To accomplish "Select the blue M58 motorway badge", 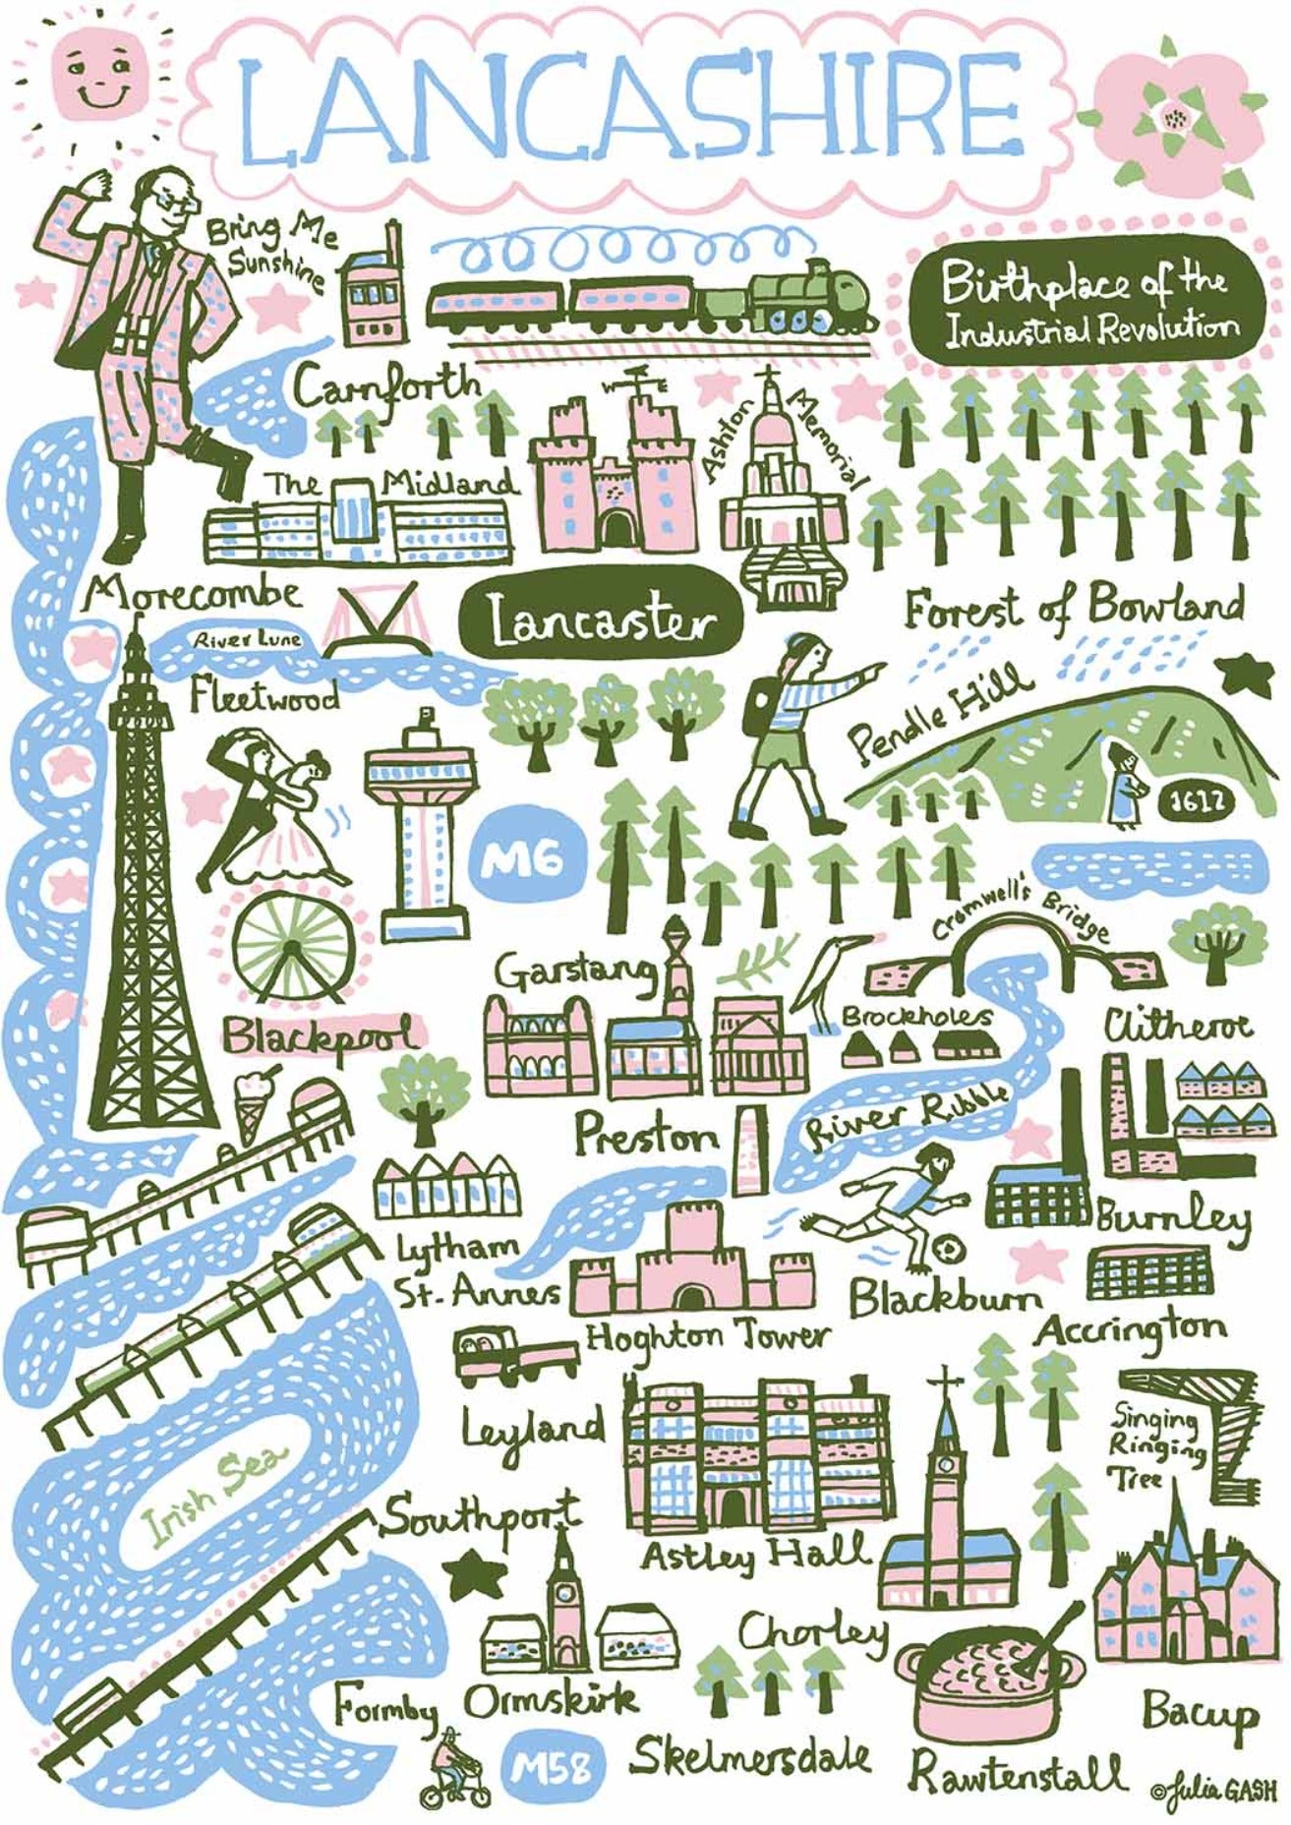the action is (x=552, y=1769).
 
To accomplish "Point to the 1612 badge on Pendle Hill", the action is (x=1198, y=801).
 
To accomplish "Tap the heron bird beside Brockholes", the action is (x=832, y=979).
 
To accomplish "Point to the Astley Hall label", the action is (x=755, y=1555).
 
